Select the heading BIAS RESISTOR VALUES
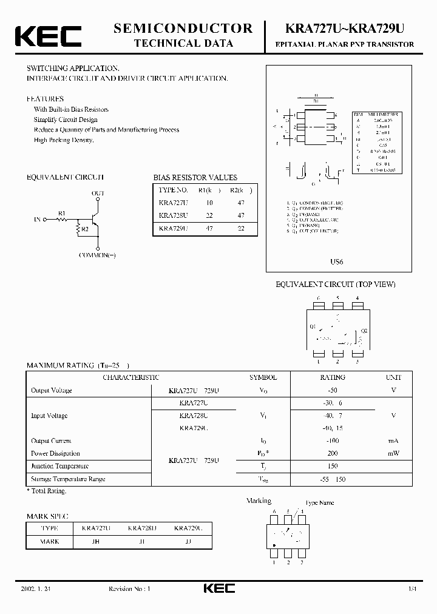pos(195,178)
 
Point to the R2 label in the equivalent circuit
pos(84,229)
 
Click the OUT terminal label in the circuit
pos(98,193)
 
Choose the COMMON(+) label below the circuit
pos(97,255)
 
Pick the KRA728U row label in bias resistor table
pos(173,215)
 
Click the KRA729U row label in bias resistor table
pos(173,229)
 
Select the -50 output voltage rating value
pos(332,390)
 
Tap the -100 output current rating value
pos(332,441)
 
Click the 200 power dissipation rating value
pos(332,453)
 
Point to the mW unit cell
pos(393,453)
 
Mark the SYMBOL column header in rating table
pos(263,377)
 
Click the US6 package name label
pos(336,261)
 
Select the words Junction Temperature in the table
pos(59,466)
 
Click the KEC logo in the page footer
pos(218,589)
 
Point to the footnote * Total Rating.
pos(47,490)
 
